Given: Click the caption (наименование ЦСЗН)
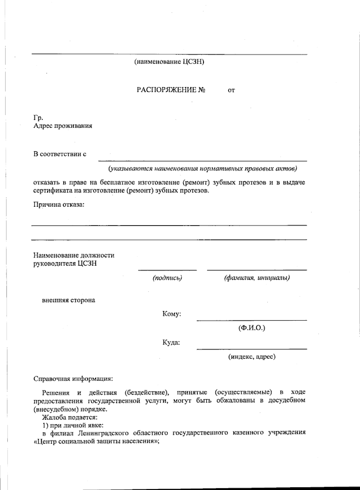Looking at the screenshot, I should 169,62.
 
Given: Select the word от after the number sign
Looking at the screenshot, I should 231,90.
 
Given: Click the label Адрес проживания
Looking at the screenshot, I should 63,126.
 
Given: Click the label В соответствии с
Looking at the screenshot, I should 60,154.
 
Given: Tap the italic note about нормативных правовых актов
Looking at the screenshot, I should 202,169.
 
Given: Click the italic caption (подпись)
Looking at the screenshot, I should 167,278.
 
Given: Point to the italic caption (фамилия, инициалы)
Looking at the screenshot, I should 257,278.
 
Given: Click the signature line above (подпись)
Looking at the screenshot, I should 167,270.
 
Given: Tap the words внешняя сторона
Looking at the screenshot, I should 68,300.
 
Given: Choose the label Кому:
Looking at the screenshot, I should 172,314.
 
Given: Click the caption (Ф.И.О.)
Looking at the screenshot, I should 252,328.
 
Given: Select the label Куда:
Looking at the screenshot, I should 171,343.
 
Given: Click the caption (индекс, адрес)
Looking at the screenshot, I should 252,357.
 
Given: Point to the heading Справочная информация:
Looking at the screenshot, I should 73,379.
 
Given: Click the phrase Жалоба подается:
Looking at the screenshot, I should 70,417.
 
